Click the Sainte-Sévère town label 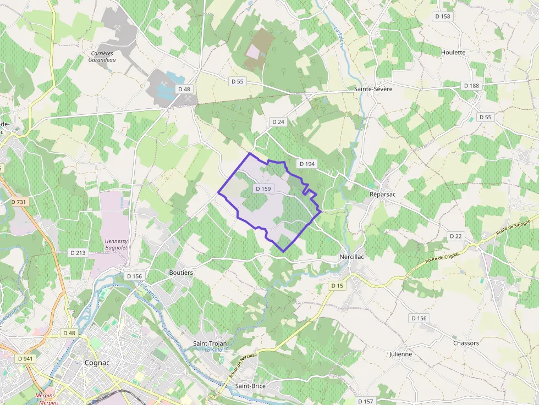click(x=373, y=88)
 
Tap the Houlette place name click(x=453, y=53)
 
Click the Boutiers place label click(x=181, y=273)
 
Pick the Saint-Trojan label click(x=210, y=343)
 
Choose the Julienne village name click(x=400, y=354)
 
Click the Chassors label click(x=466, y=343)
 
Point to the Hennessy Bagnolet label click(x=116, y=245)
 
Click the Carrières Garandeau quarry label click(x=102, y=57)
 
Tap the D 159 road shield click(x=263, y=188)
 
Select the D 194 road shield click(x=306, y=164)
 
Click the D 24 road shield click(x=278, y=121)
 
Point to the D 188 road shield click(x=471, y=86)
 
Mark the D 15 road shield click(x=337, y=286)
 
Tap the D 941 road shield click(x=25, y=358)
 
